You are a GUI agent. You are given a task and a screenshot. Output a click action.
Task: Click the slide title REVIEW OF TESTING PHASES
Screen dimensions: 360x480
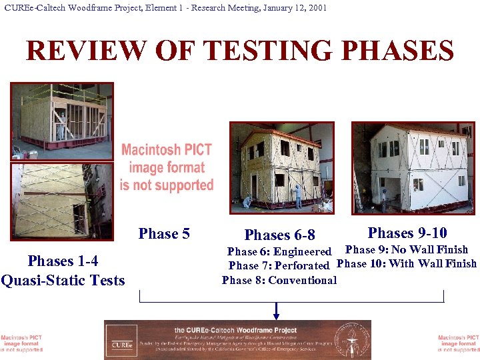239,51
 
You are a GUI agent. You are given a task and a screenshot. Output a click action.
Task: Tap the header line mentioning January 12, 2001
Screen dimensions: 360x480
165,8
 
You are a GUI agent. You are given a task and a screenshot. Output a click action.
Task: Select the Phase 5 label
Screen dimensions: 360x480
164,234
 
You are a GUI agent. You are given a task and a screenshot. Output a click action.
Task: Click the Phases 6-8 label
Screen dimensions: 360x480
279,235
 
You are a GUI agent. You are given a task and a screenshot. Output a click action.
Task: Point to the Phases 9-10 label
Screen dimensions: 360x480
407,233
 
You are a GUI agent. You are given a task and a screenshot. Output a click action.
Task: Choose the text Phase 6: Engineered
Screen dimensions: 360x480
279,252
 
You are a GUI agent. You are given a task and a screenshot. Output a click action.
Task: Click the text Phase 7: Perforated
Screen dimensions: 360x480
279,265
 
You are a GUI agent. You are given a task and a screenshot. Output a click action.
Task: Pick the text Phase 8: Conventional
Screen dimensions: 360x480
279,280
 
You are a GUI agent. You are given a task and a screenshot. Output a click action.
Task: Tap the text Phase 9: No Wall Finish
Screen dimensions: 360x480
406,250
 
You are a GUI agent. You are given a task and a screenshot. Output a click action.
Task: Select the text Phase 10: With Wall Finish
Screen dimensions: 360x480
407,263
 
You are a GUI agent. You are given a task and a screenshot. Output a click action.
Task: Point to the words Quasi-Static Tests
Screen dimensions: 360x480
63,281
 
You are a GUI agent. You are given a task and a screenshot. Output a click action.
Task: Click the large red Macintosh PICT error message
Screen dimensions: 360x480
167,167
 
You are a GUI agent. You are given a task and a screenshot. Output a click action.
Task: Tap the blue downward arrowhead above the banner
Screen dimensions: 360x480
276,311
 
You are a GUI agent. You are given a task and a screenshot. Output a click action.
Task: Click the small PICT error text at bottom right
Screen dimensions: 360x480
459,343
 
